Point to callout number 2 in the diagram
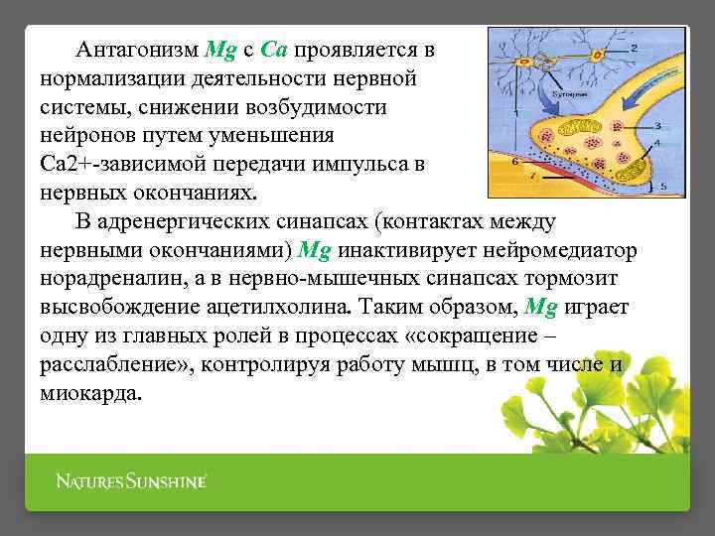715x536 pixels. click(635, 48)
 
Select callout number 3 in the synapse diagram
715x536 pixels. click(657, 126)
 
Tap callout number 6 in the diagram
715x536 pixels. click(513, 160)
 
